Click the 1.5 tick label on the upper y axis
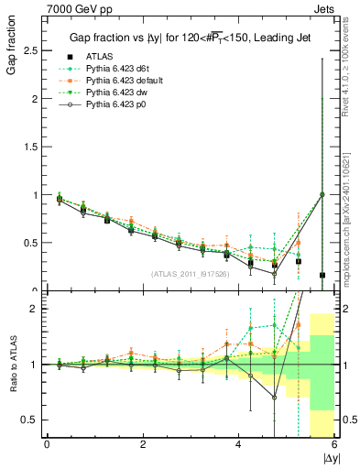[x=31, y=147]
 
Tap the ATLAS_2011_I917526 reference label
[x=190, y=273]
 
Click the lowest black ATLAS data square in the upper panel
[x=322, y=275]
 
